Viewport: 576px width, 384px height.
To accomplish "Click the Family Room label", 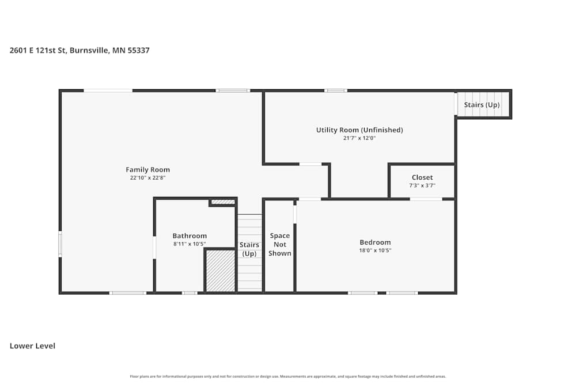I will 147,170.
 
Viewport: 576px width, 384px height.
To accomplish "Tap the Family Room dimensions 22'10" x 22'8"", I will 147,178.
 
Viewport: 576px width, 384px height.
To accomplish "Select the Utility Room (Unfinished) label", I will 359,130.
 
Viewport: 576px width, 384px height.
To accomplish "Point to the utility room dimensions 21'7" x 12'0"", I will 359,138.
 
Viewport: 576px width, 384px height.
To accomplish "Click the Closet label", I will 422,177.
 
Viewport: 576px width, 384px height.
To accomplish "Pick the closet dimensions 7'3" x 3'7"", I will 422,185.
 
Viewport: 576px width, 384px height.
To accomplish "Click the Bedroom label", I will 375,242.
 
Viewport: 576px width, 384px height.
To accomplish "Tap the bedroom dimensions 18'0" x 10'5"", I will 375,250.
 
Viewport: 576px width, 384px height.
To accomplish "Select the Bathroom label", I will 190,236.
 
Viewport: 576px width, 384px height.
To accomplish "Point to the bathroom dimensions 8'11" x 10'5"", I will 190,244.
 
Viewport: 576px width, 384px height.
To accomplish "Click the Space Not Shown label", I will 280,244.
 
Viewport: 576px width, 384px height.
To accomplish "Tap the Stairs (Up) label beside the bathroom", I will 249,249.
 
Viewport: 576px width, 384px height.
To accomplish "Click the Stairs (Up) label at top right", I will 482,105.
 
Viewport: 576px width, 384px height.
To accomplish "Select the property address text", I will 79,51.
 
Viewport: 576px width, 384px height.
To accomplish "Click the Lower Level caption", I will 32,346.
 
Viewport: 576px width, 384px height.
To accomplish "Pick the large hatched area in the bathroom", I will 221,271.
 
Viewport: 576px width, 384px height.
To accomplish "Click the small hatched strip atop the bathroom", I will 222,202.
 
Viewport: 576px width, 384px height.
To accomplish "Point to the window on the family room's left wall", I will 60,244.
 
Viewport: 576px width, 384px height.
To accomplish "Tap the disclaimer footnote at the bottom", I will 288,377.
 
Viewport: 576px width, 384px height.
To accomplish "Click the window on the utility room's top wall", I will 336,90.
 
